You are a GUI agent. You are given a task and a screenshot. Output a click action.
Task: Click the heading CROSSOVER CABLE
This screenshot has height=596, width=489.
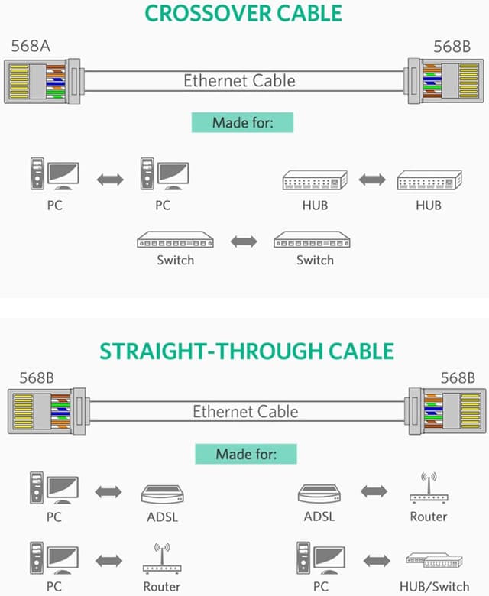pyautogui.click(x=243, y=13)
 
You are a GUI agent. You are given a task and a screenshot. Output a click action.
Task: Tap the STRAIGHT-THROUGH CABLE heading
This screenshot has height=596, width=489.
pyautogui.click(x=247, y=351)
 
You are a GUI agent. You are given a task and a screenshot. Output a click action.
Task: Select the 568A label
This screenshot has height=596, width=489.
pyautogui.click(x=30, y=45)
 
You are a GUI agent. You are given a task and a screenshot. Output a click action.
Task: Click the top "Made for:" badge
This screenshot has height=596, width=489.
pyautogui.click(x=242, y=122)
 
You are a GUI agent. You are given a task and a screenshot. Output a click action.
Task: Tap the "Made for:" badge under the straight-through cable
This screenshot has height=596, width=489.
pyautogui.click(x=245, y=454)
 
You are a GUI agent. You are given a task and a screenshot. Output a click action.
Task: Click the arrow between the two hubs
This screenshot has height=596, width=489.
pyautogui.click(x=372, y=180)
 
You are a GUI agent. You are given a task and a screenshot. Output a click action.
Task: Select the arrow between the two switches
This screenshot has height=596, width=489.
pyautogui.click(x=244, y=241)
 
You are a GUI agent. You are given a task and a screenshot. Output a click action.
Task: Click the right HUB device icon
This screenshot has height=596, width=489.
pyautogui.click(x=429, y=181)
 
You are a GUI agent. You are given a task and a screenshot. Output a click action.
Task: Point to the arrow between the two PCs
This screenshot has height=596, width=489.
pyautogui.click(x=110, y=180)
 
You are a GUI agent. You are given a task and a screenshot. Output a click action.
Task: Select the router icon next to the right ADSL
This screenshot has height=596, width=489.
pyautogui.click(x=428, y=489)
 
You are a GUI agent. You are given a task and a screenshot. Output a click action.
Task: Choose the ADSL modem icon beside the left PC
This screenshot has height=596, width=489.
pyautogui.click(x=163, y=493)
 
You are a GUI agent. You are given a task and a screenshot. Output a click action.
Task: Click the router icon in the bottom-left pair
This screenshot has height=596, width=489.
pyautogui.click(x=162, y=560)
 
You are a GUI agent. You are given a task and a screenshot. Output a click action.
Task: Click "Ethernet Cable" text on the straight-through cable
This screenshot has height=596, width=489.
pyautogui.click(x=244, y=411)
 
